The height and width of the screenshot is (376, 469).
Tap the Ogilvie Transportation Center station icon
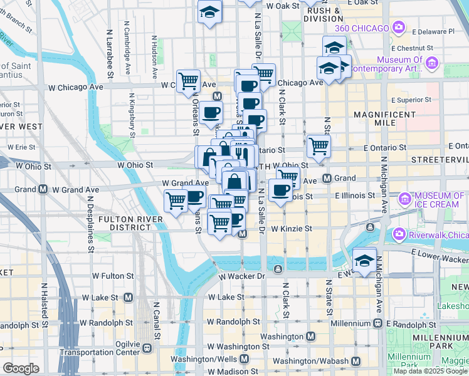point(147,348)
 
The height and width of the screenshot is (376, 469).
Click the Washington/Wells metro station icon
point(244,358)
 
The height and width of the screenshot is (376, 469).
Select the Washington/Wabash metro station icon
point(356,361)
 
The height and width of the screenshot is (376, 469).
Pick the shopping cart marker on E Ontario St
point(319,146)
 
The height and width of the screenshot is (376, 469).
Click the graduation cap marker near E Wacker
point(364,260)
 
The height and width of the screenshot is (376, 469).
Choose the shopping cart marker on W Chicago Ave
point(188,81)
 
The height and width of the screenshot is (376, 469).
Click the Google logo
point(21,368)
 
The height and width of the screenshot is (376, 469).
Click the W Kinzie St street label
point(292,229)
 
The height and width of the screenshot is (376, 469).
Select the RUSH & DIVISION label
point(324,15)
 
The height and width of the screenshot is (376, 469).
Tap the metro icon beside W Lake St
point(129,296)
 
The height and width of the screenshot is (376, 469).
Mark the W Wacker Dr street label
point(243,276)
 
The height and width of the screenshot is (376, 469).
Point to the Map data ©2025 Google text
point(429,371)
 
